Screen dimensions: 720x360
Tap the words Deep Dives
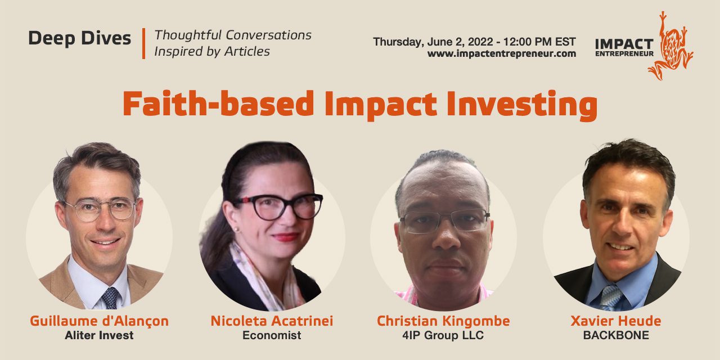click(80, 39)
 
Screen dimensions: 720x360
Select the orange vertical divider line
click(143, 43)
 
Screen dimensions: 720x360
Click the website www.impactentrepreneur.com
click(501, 53)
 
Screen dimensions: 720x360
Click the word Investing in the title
click(522, 105)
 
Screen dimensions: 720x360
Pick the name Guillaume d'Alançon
click(100, 321)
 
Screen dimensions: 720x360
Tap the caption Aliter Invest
click(99, 335)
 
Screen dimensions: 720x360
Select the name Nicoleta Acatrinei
click(272, 321)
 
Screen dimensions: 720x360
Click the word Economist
click(272, 335)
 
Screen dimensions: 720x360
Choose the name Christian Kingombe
click(443, 321)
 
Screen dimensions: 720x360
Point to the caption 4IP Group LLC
click(443, 335)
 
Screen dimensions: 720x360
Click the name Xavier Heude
click(616, 321)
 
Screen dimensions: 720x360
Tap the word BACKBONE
click(616, 335)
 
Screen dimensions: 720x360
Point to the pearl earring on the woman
click(237, 229)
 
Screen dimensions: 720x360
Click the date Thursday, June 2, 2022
click(433, 42)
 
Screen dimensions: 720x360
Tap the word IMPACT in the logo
click(624, 44)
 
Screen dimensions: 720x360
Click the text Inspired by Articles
click(212, 52)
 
